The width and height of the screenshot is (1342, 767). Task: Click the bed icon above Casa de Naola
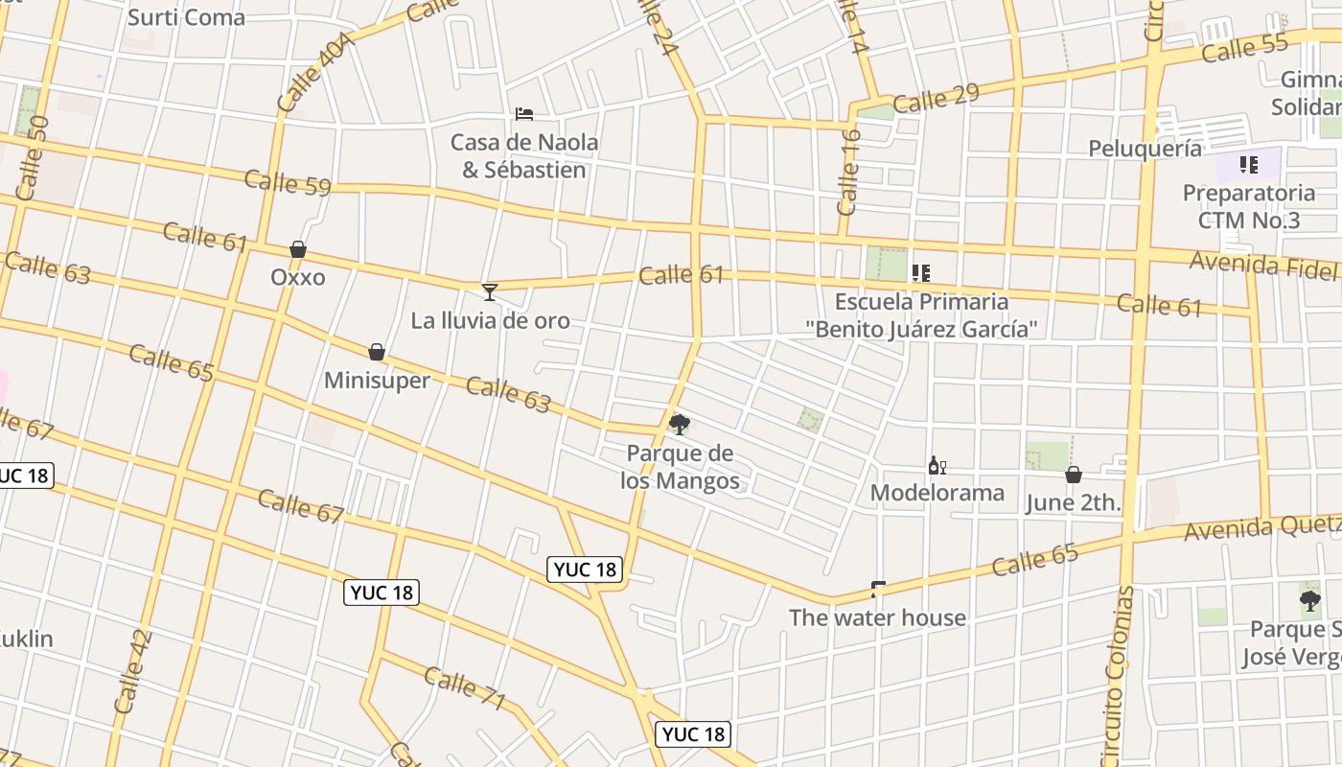point(524,114)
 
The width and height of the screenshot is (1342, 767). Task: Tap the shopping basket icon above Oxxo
point(298,249)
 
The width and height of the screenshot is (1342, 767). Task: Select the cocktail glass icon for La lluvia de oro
point(490,291)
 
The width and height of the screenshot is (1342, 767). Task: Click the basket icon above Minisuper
point(377,352)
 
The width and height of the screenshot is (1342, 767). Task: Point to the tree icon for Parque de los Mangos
point(680,424)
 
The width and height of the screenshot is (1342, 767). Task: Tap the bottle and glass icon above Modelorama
point(937,466)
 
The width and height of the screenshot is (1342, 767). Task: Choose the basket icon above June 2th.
point(1074,474)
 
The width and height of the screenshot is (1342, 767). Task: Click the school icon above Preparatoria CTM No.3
point(1248,165)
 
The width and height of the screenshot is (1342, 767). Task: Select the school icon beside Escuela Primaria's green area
point(921,273)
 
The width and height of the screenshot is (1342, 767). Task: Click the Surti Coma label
point(186,17)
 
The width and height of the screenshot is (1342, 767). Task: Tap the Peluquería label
point(1145,149)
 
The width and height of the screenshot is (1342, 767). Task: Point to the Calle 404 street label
point(316,71)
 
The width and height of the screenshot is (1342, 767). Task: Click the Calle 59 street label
point(288,182)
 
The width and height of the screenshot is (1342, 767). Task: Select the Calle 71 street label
point(465,689)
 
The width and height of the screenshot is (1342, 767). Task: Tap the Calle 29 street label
point(936,98)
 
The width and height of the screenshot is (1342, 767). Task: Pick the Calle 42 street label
point(133,671)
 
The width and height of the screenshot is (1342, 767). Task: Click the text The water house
point(877,617)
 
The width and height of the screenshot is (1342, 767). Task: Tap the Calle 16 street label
point(849,173)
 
